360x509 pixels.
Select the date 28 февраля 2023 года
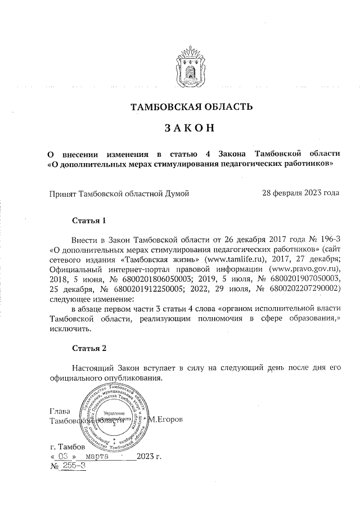pyautogui.click(x=301, y=193)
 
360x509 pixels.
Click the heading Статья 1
pyautogui.click(x=89, y=219)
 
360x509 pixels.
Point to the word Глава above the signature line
pyautogui.click(x=60, y=411)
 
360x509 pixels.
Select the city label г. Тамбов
pyautogui.click(x=67, y=447)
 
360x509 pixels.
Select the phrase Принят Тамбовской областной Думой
pyautogui.click(x=119, y=193)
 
